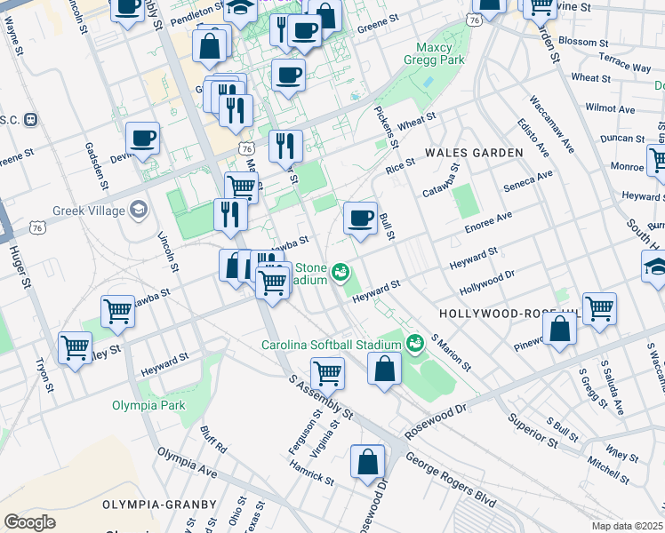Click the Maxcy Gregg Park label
click(442, 53)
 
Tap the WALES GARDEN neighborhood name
click(474, 153)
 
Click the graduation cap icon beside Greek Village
click(138, 210)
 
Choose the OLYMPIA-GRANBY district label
click(159, 504)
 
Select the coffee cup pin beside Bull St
click(360, 219)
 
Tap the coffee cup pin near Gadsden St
click(142, 139)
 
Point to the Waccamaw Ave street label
click(552, 123)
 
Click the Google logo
click(29, 521)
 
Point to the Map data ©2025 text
click(628, 526)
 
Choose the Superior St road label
click(532, 429)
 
